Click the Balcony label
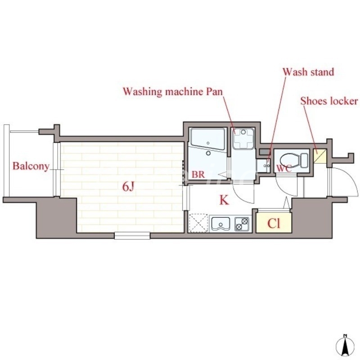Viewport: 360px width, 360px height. point(31,166)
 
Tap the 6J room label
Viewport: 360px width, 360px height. point(128,187)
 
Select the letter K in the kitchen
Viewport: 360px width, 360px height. point(224,200)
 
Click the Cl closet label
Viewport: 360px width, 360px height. point(274,223)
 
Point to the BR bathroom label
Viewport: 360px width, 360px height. point(198,175)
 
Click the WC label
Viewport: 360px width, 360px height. point(284,168)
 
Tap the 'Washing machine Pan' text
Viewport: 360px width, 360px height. point(173,91)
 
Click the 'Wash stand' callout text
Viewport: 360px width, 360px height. point(308,72)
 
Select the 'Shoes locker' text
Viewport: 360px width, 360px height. point(329,101)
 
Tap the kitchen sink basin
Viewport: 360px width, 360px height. point(220,224)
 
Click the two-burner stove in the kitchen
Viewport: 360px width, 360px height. point(242,224)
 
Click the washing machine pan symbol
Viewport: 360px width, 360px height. point(243,139)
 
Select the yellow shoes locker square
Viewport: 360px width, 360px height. point(320,156)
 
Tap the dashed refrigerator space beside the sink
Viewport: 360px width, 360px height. point(198,223)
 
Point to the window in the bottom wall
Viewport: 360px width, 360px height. point(132,235)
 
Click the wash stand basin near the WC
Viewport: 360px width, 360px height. point(264,166)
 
